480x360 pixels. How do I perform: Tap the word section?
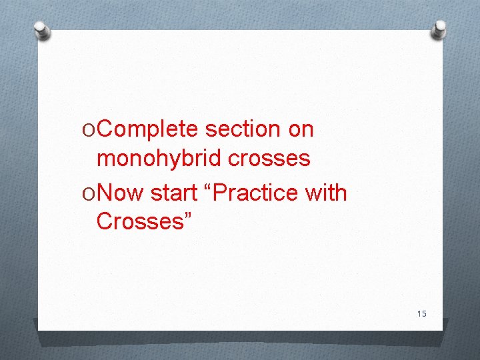coord(243,129)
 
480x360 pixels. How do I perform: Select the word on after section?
coord(301,129)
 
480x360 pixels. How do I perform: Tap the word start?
coord(175,193)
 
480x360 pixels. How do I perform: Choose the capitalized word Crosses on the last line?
coord(139,221)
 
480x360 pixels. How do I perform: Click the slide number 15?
coord(421,314)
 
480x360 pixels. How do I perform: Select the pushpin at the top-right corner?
coord(439,28)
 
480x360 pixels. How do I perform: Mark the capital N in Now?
coord(105,193)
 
